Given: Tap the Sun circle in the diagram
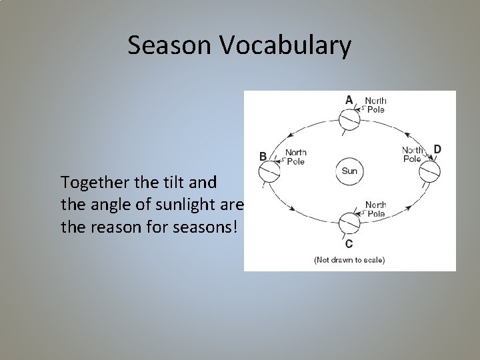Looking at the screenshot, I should [x=349, y=171].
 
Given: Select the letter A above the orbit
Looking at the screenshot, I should [x=349, y=99].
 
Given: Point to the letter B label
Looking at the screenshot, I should [x=263, y=156].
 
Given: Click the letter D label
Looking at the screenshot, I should [x=437, y=148].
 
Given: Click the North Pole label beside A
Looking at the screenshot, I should [x=375, y=105].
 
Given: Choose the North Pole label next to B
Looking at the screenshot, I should [x=295, y=156].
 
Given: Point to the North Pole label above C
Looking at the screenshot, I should [x=375, y=209].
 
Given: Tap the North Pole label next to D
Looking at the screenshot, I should [x=412, y=155].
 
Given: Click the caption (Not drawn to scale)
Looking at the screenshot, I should [x=349, y=259].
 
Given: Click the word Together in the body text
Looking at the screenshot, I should [x=89, y=181].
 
